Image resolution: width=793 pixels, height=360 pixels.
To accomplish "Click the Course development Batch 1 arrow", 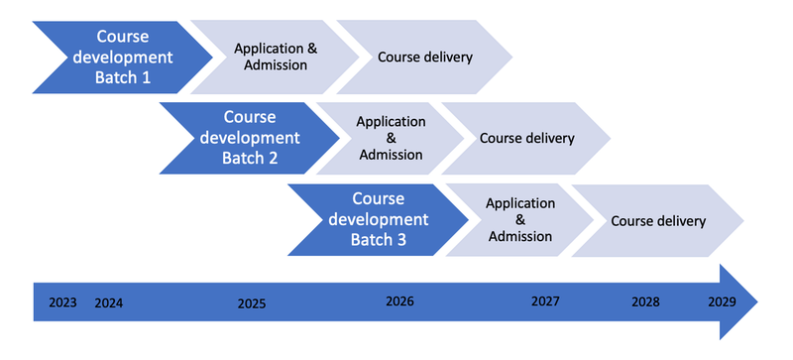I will click(x=119, y=57).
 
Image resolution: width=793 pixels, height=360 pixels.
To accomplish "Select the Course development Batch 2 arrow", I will click(x=248, y=138).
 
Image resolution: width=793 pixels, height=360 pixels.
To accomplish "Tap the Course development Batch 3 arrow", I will click(x=377, y=218).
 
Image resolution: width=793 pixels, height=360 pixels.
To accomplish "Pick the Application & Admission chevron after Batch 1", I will click(x=275, y=57).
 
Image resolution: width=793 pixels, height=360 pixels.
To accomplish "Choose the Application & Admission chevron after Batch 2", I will click(x=391, y=138).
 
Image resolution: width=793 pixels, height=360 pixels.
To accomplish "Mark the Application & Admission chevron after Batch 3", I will click(x=519, y=219).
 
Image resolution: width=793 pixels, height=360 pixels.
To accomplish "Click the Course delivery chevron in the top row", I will click(x=424, y=57).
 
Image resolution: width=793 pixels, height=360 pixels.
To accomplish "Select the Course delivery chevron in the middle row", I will click(x=526, y=138).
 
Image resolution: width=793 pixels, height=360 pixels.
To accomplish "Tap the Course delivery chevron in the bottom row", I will click(x=657, y=220).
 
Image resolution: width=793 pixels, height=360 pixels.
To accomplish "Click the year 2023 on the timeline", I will click(x=63, y=302).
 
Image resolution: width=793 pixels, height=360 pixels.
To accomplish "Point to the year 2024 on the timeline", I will click(x=109, y=302).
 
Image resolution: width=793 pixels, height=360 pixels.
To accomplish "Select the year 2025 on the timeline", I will click(x=252, y=302).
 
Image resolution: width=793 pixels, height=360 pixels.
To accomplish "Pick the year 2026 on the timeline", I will click(x=399, y=300).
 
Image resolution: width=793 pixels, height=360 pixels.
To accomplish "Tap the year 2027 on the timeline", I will click(x=545, y=300).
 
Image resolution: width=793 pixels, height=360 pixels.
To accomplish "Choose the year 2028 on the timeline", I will click(x=645, y=300).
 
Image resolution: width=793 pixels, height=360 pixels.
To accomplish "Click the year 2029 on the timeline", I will click(x=722, y=300).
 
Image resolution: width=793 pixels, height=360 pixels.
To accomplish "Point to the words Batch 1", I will click(x=123, y=76).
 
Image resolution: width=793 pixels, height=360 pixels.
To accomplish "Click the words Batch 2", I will click(x=252, y=157).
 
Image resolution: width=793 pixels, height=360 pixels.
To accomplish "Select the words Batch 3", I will click(x=378, y=238).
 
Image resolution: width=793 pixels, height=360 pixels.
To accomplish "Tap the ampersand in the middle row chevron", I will click(x=391, y=138).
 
